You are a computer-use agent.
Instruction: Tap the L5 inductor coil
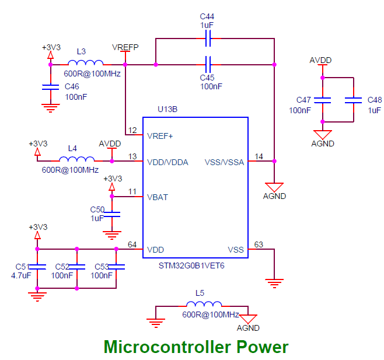point(204,305)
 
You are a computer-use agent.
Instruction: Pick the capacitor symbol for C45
point(208,64)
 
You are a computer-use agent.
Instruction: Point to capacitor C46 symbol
point(50,88)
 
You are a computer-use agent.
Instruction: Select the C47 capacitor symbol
point(321,100)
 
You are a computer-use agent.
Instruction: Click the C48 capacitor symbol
point(353,100)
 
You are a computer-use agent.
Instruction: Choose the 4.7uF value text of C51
point(22,275)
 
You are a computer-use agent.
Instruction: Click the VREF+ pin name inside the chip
point(160,136)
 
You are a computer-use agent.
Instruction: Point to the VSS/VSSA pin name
point(225,162)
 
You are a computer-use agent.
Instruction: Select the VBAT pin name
point(158,197)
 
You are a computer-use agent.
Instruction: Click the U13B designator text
point(167,109)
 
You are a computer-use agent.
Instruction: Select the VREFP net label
point(125,47)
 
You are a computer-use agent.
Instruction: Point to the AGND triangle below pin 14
point(274,184)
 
